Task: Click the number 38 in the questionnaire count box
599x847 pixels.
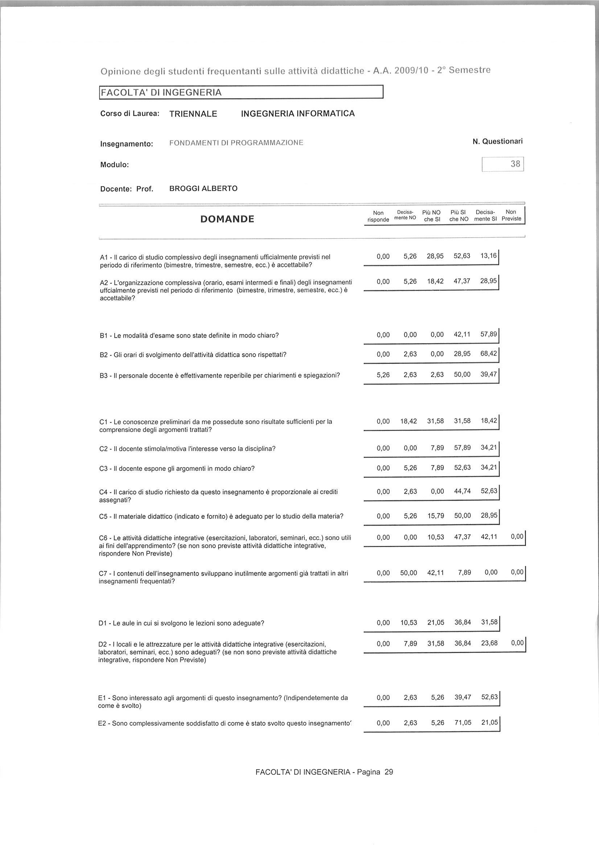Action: (515, 164)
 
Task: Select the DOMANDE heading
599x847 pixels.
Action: (227, 219)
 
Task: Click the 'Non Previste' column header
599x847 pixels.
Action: (511, 215)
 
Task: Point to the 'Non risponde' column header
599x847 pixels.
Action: (378, 216)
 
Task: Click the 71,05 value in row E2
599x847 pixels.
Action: (463, 723)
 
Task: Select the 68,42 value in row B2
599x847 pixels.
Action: (489, 354)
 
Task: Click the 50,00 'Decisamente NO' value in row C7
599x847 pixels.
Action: (409, 572)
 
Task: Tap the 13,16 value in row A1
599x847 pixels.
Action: (489, 256)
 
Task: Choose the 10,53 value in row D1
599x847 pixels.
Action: (409, 623)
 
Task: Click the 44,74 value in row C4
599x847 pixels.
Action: (463, 492)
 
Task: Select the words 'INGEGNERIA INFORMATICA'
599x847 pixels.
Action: (298, 114)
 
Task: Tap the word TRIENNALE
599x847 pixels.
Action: (193, 114)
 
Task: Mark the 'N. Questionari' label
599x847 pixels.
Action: (497, 141)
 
